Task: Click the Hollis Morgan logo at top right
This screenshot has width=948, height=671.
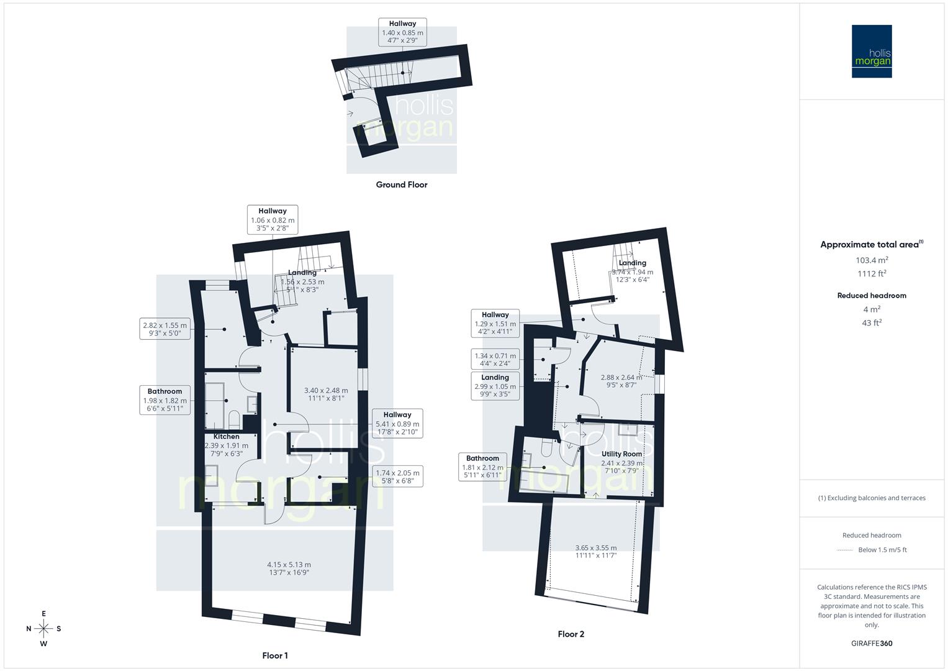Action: click(x=872, y=51)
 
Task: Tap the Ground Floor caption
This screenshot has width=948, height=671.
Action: click(x=402, y=185)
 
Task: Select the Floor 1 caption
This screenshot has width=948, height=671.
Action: click(x=275, y=655)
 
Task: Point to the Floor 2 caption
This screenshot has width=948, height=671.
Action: click(x=571, y=634)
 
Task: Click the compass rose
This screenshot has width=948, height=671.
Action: click(x=43, y=629)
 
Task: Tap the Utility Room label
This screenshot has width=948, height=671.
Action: click(x=621, y=454)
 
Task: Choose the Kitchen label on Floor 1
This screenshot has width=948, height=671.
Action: click(x=227, y=437)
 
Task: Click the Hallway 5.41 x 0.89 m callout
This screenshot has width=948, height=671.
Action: click(x=397, y=423)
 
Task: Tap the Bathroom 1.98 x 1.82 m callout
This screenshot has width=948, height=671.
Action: click(x=165, y=400)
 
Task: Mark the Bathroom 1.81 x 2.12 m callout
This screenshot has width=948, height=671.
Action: click(x=483, y=467)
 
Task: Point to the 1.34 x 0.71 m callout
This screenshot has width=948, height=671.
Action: click(x=495, y=360)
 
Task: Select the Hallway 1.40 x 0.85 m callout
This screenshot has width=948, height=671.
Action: click(x=402, y=32)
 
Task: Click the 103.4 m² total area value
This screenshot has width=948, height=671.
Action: click(x=872, y=260)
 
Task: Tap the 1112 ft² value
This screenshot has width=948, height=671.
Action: click(x=872, y=274)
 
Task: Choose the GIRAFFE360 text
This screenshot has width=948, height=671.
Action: click(x=872, y=644)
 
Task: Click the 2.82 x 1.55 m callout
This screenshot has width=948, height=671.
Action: click(x=165, y=329)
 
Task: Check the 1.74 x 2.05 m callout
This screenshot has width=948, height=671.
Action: click(x=397, y=477)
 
